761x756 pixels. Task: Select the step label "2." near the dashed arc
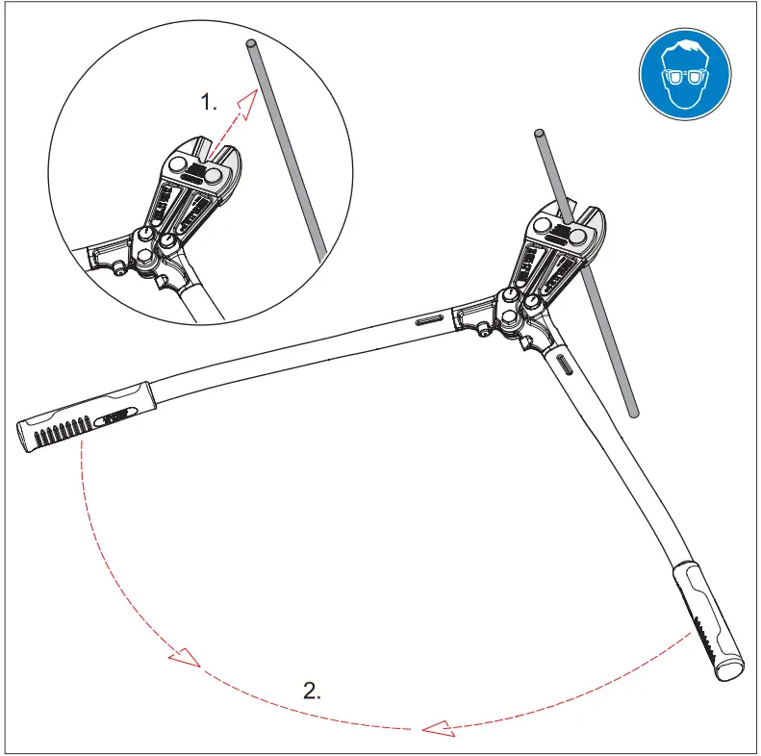(313, 689)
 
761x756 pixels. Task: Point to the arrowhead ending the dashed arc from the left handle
(184, 659)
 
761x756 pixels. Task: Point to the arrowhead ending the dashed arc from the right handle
(439, 728)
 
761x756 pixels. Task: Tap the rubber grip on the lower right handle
(707, 620)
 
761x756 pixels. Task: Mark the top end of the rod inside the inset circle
(251, 44)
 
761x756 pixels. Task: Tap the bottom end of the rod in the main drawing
(632, 413)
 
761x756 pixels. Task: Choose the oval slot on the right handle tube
(565, 365)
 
